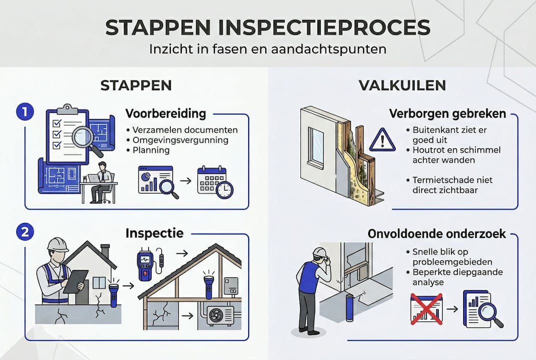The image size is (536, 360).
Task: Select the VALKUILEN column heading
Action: [x=402, y=85]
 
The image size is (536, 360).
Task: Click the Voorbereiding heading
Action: [x=165, y=113]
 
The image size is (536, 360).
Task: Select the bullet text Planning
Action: [x=151, y=150]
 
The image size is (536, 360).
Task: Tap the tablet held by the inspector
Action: [x=75, y=281]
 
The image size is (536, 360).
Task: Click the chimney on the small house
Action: [x=105, y=250]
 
